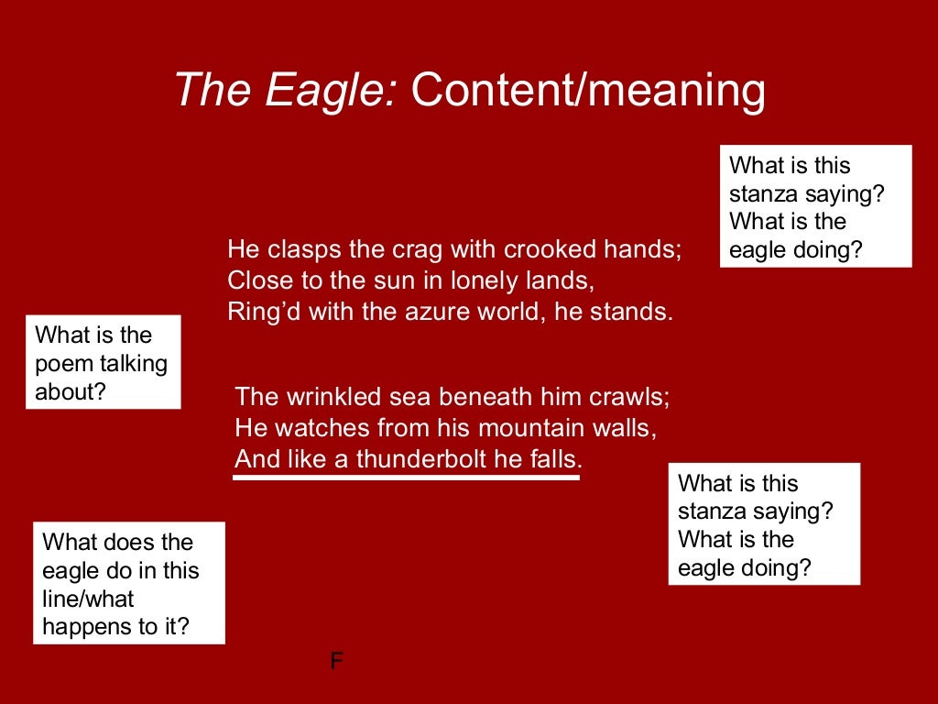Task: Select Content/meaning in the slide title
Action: click(x=587, y=92)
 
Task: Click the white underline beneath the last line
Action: click(x=407, y=477)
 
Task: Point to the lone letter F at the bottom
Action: click(x=336, y=662)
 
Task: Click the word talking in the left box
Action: click(x=135, y=364)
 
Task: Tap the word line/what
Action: click(x=88, y=599)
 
